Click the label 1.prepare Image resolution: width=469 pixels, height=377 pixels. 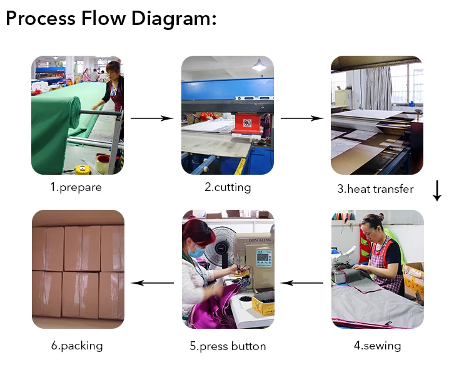(76, 187)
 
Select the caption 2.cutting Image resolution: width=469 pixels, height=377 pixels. (228, 187)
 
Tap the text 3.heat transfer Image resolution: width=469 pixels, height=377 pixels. (375, 189)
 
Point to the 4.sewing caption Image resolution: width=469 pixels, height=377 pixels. (377, 345)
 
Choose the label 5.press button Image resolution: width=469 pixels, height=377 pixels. (228, 346)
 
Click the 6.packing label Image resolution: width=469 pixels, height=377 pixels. (77, 345)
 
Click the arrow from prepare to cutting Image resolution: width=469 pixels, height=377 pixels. (152, 118)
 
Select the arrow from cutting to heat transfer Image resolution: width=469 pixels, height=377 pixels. (302, 118)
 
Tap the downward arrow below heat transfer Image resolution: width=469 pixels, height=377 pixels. (437, 190)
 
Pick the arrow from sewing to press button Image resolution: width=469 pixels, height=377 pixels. (302, 282)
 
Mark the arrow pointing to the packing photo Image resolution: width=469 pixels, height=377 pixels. (152, 282)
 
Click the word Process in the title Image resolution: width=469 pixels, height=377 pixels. (41, 18)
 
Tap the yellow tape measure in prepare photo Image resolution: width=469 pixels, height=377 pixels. (82, 168)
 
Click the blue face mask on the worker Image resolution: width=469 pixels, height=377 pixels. (196, 252)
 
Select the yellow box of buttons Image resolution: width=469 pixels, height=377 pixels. (263, 306)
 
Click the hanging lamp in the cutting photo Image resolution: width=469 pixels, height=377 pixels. (259, 65)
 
